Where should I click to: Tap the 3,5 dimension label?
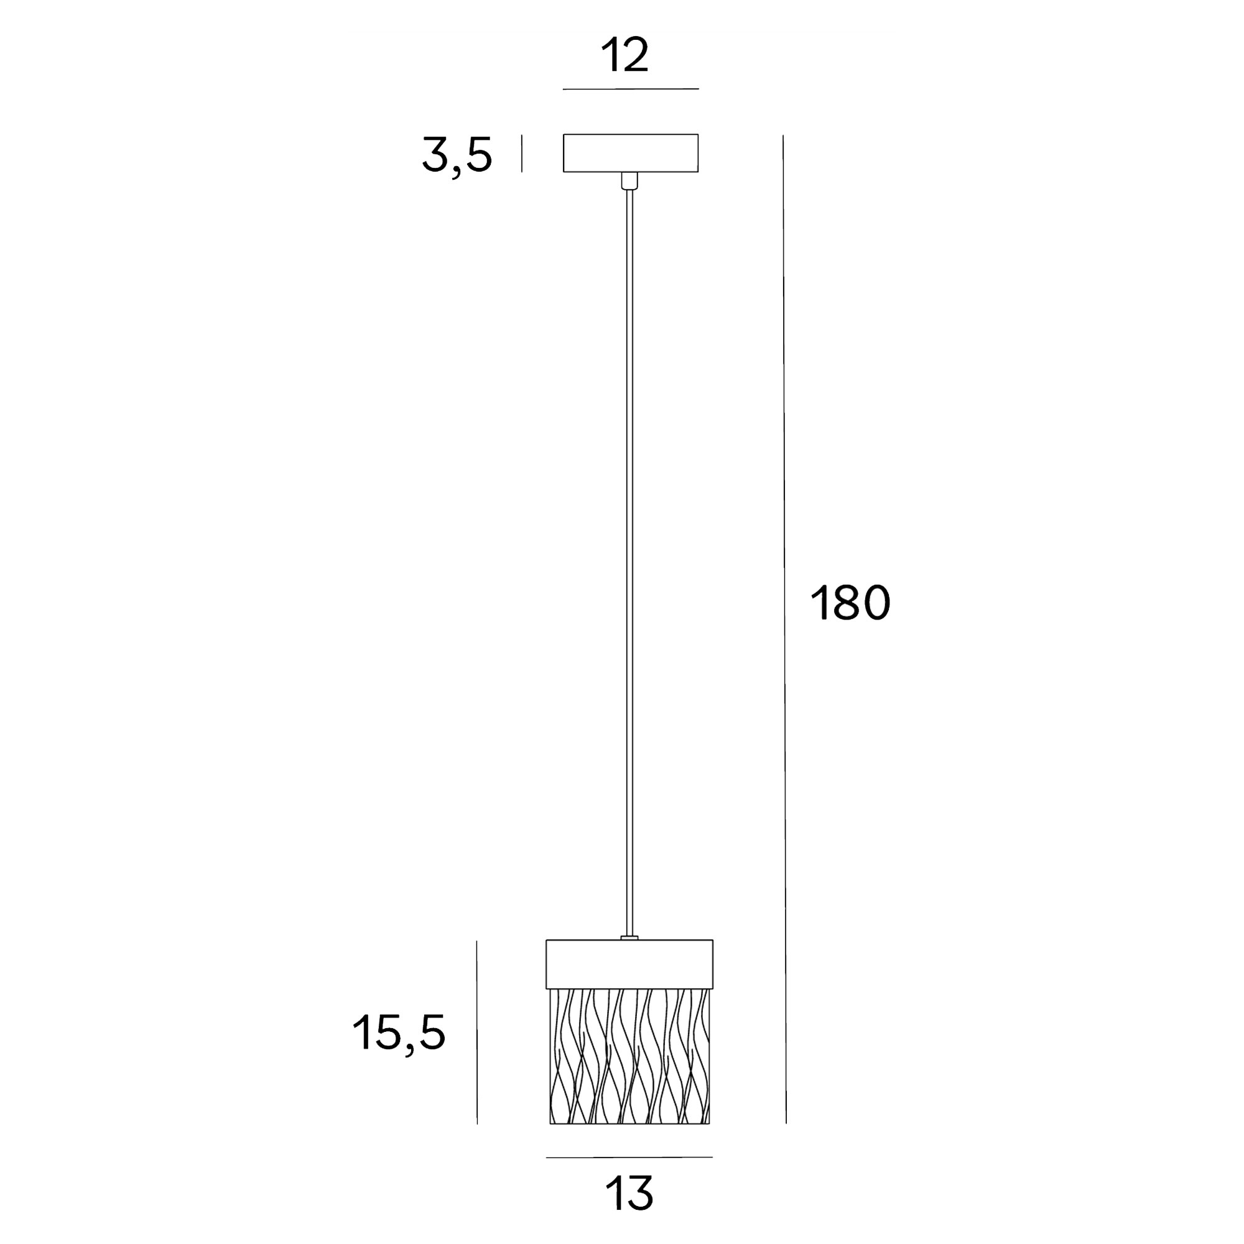[x=457, y=155]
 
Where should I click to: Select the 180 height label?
[x=850, y=603]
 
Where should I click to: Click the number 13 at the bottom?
[x=629, y=1193]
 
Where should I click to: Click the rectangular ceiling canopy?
[x=630, y=153]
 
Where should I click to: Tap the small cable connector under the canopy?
[x=629, y=181]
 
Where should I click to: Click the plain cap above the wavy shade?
[x=629, y=964]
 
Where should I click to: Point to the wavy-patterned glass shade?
[x=629, y=1056]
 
